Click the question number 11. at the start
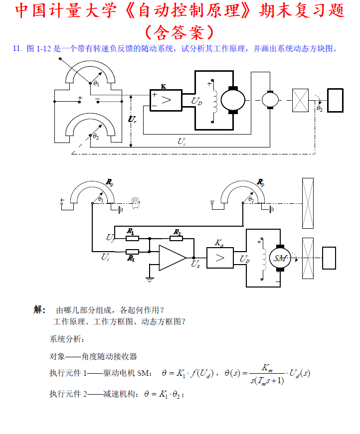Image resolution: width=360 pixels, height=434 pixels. [x=17, y=48]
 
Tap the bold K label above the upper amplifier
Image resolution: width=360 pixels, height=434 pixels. [x=164, y=86]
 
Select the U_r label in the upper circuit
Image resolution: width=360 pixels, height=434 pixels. [x=132, y=120]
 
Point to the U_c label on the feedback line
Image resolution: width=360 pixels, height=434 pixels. [x=181, y=142]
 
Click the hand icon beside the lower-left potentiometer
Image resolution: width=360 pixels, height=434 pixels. [x=135, y=201]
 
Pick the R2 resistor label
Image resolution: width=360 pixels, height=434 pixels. [x=177, y=232]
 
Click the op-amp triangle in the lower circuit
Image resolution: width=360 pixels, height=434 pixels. [x=171, y=258]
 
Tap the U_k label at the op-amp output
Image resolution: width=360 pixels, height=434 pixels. [x=195, y=264]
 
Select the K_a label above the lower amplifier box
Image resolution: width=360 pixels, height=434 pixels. [x=219, y=243]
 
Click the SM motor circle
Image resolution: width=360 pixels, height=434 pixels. [x=279, y=258]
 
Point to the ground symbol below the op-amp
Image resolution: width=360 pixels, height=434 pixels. [x=150, y=280]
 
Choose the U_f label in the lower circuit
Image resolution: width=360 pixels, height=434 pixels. [x=110, y=237]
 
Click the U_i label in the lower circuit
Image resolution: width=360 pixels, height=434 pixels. [x=105, y=258]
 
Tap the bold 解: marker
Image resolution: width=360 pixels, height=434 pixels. [x=40, y=309]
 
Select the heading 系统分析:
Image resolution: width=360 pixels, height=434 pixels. [x=67, y=339]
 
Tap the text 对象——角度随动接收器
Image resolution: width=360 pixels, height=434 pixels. [x=93, y=356]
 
